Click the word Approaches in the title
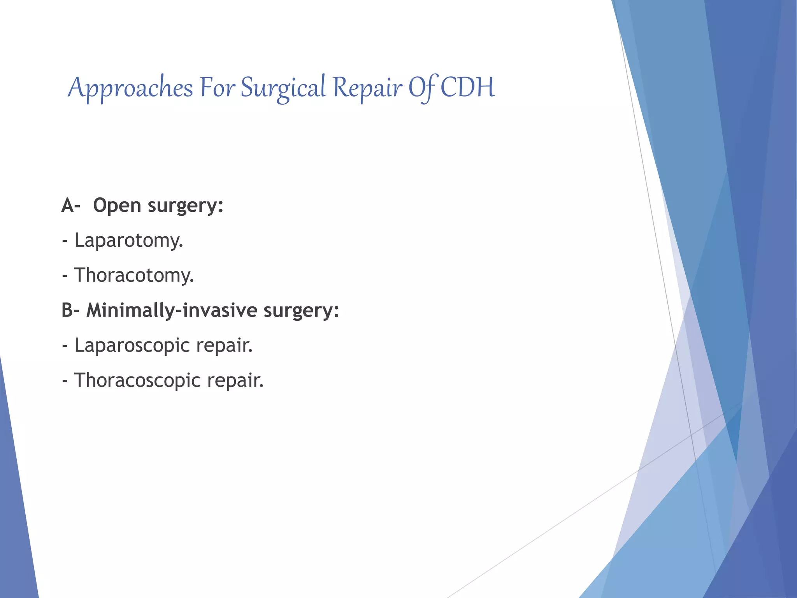click(x=130, y=88)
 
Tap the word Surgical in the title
click(x=283, y=88)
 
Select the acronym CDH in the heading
click(x=467, y=87)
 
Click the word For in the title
click(x=217, y=87)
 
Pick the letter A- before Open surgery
click(x=70, y=205)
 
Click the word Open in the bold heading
click(x=117, y=206)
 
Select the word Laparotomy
click(x=128, y=241)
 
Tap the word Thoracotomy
click(x=134, y=275)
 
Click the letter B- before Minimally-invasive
click(x=70, y=310)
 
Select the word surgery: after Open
click(x=186, y=206)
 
